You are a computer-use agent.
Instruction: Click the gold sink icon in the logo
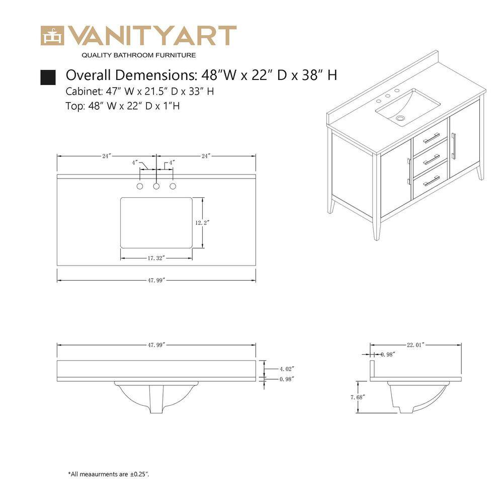pos(52,36)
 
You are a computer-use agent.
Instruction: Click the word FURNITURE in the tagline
pos(176,55)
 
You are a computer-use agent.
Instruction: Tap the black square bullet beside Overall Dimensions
pos(48,77)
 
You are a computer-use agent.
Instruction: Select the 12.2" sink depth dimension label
pos(202,223)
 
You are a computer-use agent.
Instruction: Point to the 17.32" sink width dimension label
pos(156,258)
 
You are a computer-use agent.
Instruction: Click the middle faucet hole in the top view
pos(156,186)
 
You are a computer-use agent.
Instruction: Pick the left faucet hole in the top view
pos(140,186)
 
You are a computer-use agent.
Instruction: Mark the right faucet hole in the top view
pos(173,186)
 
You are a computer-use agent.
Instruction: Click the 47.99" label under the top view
pos(156,280)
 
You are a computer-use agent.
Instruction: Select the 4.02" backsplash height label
pos(287,369)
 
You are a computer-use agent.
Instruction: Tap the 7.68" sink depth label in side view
pos(358,397)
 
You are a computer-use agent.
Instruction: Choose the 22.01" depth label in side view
pos(416,345)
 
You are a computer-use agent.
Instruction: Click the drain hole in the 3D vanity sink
pos(400,118)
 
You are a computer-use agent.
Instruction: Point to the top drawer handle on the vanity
pos(432,138)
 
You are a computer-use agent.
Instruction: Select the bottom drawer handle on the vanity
pos(432,181)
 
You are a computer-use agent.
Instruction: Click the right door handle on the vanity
pos(454,146)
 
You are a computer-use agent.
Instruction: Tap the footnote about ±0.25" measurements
pos(109,474)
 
